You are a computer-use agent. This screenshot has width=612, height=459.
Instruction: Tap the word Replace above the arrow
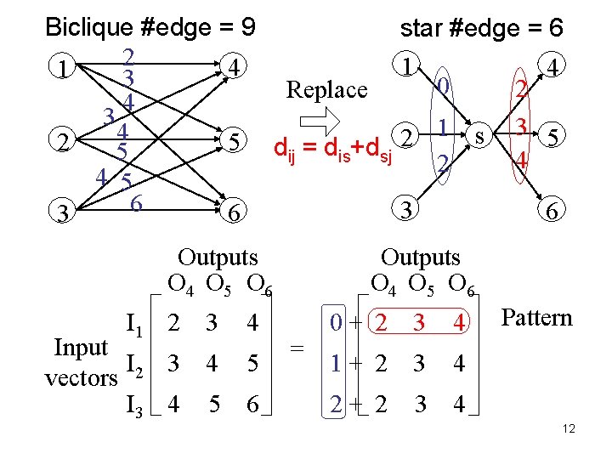coord(326,88)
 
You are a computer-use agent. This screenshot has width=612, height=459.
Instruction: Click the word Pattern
coord(537,318)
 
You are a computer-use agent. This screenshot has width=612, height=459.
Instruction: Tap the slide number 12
coord(569,428)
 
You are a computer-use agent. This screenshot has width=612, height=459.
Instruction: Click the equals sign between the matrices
coord(297,348)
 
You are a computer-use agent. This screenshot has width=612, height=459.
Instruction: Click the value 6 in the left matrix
coord(252,407)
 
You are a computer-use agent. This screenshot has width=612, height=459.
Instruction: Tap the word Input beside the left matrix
coord(81,347)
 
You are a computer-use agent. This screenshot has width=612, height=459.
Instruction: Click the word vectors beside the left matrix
coord(80,377)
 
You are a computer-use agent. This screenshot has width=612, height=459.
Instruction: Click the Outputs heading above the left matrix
coord(218,257)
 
